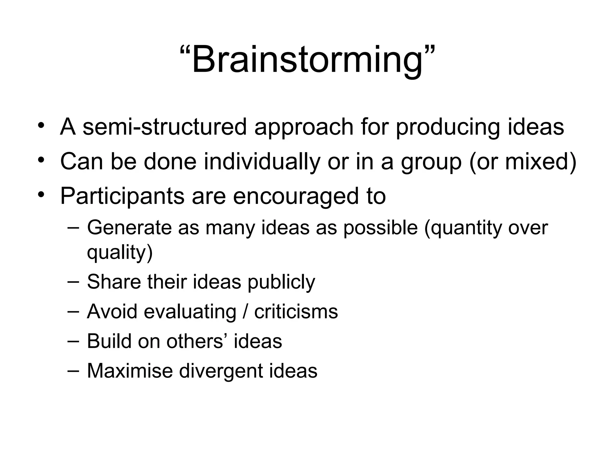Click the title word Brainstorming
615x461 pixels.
tap(307, 59)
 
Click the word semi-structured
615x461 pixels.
tap(165, 127)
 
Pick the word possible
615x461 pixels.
tap(380, 227)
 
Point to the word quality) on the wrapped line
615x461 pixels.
tap(120, 253)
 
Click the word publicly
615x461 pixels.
tap(281, 282)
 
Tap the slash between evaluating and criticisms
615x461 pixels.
tap(246, 312)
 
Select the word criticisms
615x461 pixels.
tap(296, 312)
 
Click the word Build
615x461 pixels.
tap(109, 341)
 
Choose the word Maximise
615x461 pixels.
tap(130, 371)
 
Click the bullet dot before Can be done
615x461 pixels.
tap(41, 159)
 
